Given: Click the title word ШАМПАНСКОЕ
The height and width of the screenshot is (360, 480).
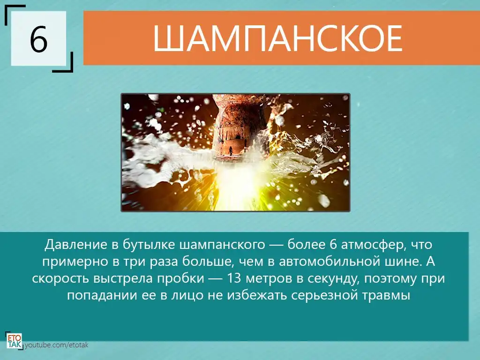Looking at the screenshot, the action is [x=277, y=38].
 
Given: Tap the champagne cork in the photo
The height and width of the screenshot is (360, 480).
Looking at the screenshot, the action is [x=235, y=128].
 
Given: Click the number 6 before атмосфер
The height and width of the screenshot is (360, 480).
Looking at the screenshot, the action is [x=333, y=245].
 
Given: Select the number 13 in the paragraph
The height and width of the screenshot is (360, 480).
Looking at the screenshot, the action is [x=234, y=278].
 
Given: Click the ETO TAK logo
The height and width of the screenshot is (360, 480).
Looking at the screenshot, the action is [x=14, y=341].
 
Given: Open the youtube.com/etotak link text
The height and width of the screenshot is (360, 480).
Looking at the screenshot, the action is [x=56, y=345].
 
